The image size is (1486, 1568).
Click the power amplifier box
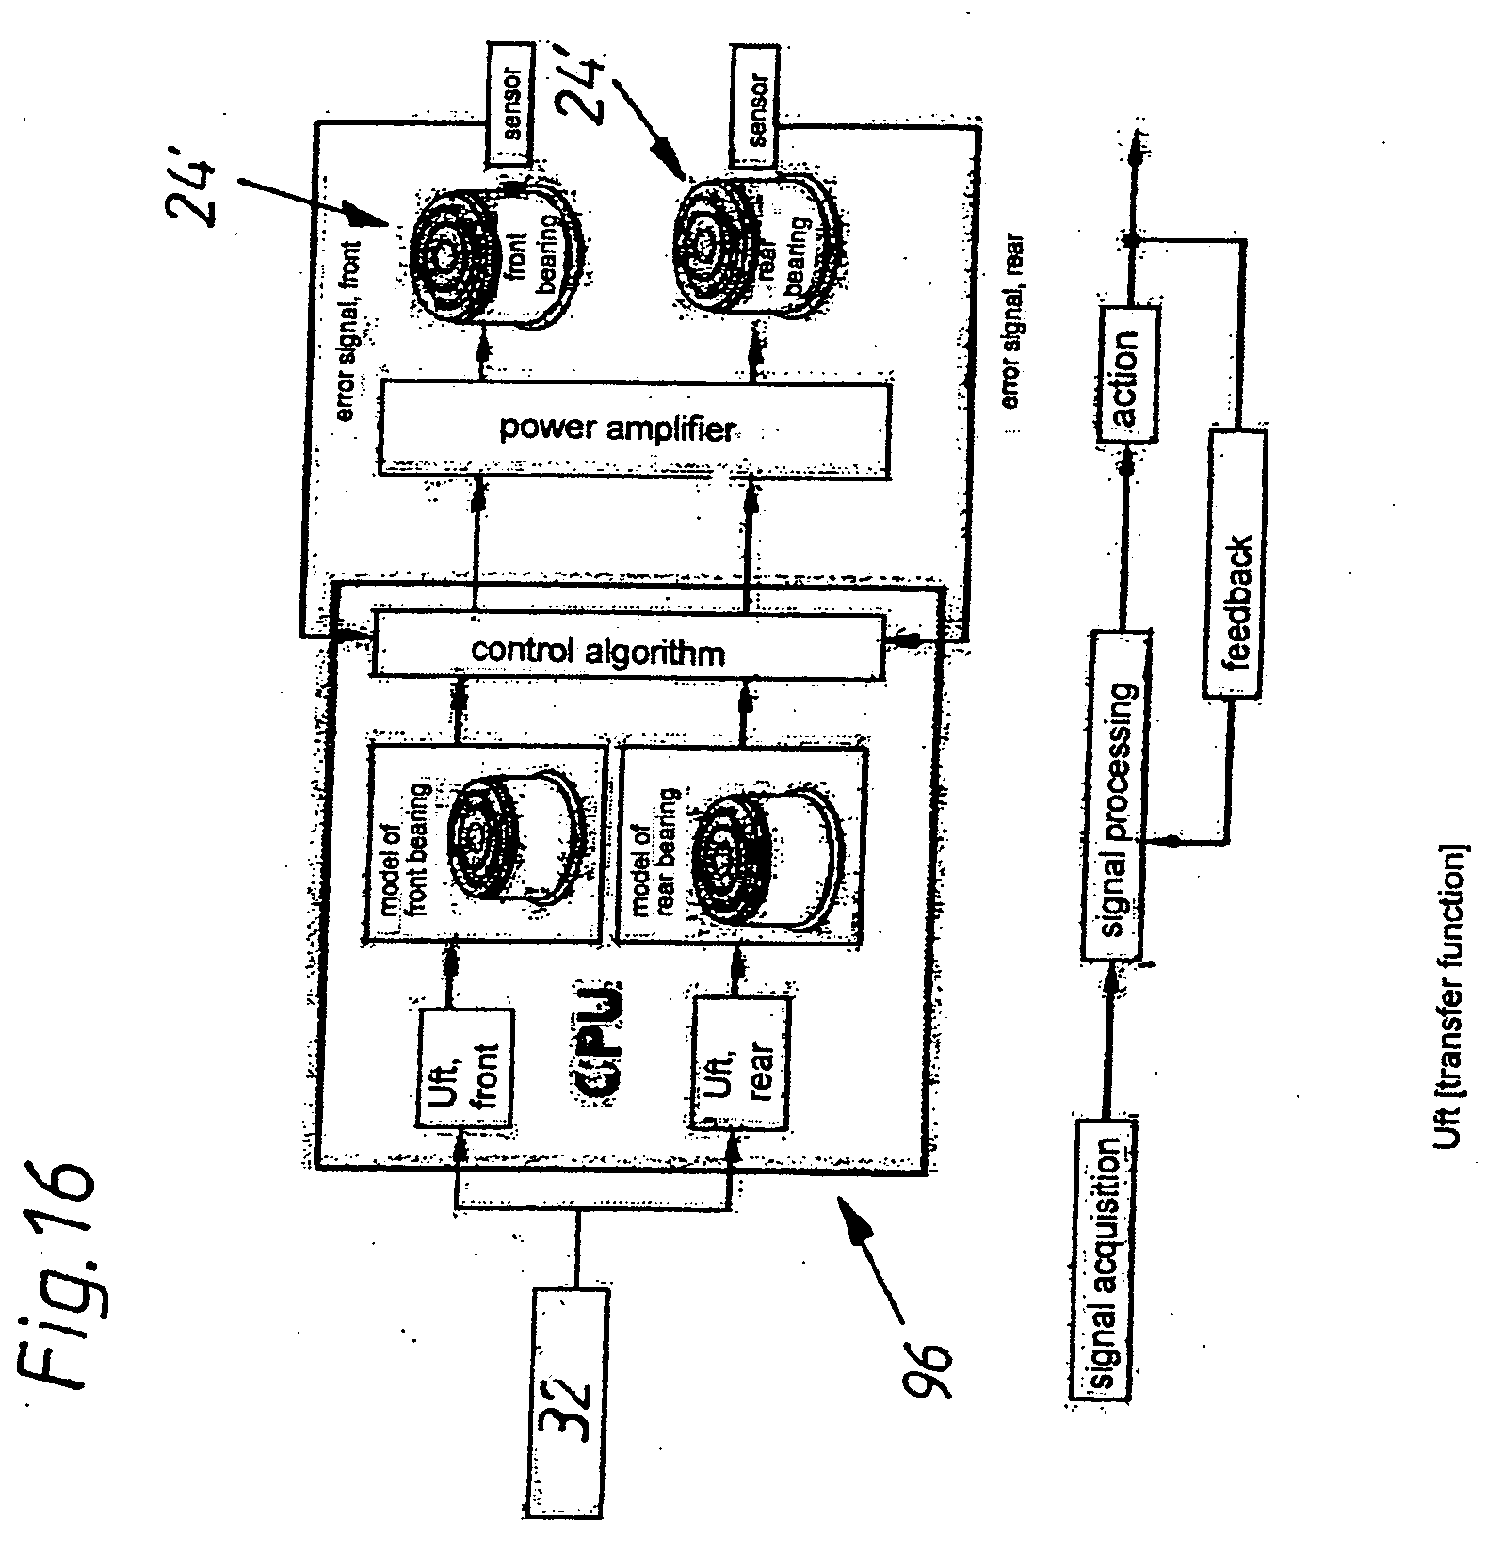[633, 429]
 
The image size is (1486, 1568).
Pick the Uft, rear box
[738, 1063]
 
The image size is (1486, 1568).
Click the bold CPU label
[599, 1045]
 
